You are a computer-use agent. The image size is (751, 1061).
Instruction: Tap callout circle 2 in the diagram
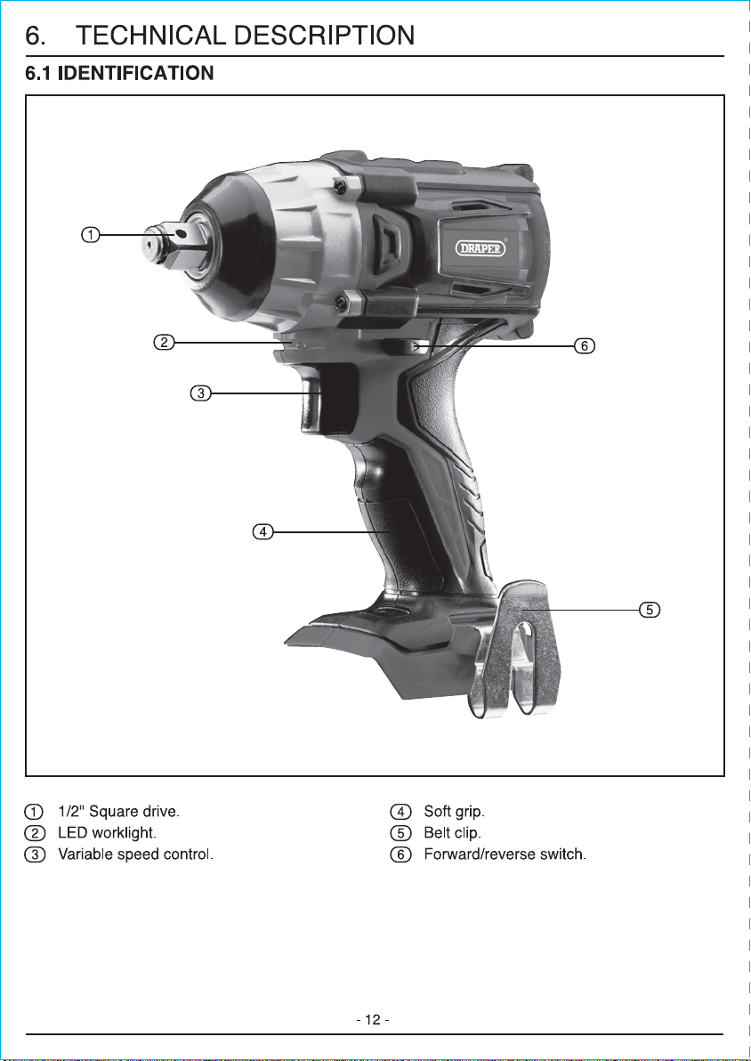click(x=163, y=343)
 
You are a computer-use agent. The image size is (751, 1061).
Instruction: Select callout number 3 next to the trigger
click(x=200, y=393)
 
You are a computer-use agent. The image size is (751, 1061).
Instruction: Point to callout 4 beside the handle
click(x=263, y=532)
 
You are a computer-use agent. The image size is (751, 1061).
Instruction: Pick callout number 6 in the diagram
click(x=585, y=346)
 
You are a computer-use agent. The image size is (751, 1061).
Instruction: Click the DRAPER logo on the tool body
click(x=482, y=248)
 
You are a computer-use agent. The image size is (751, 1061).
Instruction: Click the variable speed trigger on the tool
click(x=313, y=402)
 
